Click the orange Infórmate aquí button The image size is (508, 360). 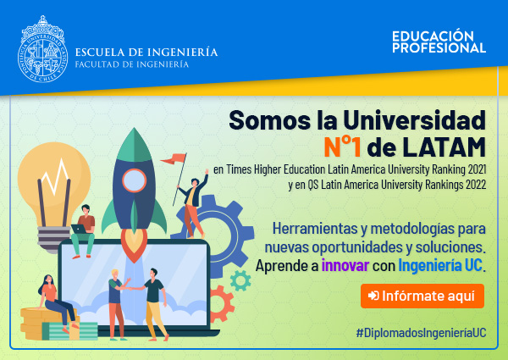click(x=422, y=296)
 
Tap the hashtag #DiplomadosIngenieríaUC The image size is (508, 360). click(x=421, y=333)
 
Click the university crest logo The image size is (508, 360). click(x=43, y=49)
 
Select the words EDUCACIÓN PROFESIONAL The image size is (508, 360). click(x=439, y=42)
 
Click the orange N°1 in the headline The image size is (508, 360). click(x=343, y=147)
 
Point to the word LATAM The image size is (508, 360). click(x=444, y=147)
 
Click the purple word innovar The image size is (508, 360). click(x=345, y=265)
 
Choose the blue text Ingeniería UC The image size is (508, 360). click(x=440, y=266)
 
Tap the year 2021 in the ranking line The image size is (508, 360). click(x=476, y=169)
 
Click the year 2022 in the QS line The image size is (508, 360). click(x=476, y=185)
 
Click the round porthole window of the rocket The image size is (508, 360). click(x=134, y=180)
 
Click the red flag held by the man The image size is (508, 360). click(x=174, y=158)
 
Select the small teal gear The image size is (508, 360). click(x=240, y=280)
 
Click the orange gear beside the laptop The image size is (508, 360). click(x=222, y=304)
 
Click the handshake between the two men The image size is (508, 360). click(x=130, y=288)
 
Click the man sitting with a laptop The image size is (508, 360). click(x=83, y=230)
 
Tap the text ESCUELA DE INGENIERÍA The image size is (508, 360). click(x=146, y=53)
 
